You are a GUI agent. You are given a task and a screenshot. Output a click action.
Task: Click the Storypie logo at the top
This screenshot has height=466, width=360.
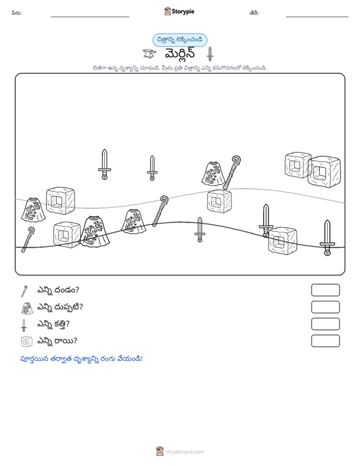(x=179, y=11)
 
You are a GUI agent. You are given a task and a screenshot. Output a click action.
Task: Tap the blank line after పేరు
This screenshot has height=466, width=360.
(x=90, y=17)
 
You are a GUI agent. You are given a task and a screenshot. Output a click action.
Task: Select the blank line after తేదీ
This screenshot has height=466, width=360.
(x=317, y=17)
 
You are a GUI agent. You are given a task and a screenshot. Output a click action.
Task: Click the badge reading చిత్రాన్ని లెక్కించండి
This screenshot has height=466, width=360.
(x=180, y=40)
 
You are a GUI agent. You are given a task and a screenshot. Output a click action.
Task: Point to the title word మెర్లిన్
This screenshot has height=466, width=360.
(x=180, y=54)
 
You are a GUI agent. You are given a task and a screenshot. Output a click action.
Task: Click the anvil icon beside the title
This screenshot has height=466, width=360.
(x=149, y=54)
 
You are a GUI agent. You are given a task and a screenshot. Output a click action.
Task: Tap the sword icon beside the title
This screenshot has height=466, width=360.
(x=210, y=54)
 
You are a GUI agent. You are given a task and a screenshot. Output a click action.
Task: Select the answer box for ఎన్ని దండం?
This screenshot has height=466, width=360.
(x=325, y=290)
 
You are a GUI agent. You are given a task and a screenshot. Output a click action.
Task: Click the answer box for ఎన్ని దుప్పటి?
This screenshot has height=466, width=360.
(x=325, y=307)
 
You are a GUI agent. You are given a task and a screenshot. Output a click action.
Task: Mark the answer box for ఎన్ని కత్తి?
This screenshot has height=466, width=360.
(x=325, y=324)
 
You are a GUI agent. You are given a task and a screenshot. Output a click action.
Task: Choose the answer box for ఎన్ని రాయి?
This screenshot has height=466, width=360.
(x=325, y=341)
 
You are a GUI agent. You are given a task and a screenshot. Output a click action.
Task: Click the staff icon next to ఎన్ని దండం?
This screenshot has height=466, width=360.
(x=24, y=291)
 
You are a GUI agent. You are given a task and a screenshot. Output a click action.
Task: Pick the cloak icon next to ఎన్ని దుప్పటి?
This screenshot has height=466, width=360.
(x=27, y=308)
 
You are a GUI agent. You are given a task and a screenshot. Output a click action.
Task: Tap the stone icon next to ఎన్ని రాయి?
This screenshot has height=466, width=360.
(x=27, y=342)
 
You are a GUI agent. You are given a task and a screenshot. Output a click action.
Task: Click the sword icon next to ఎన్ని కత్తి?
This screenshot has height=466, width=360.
(x=24, y=325)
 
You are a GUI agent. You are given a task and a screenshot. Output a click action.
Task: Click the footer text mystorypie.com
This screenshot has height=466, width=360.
(x=184, y=452)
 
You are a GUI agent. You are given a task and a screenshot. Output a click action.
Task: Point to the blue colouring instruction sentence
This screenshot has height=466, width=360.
(x=81, y=359)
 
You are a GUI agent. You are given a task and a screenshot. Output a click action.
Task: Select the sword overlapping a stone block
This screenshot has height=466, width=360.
(x=266, y=221)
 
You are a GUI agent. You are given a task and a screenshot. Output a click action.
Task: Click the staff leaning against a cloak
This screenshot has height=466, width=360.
(x=232, y=172)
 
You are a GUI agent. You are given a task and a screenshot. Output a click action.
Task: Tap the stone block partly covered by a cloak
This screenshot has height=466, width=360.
(x=67, y=235)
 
